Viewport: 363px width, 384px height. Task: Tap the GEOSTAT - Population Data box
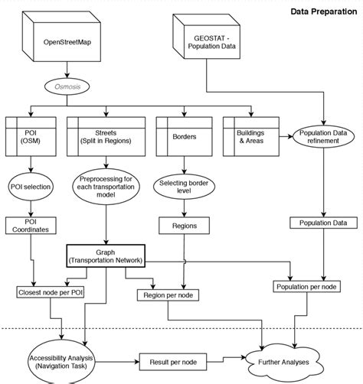tap(208, 42)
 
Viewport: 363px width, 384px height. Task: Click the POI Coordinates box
tap(31, 226)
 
